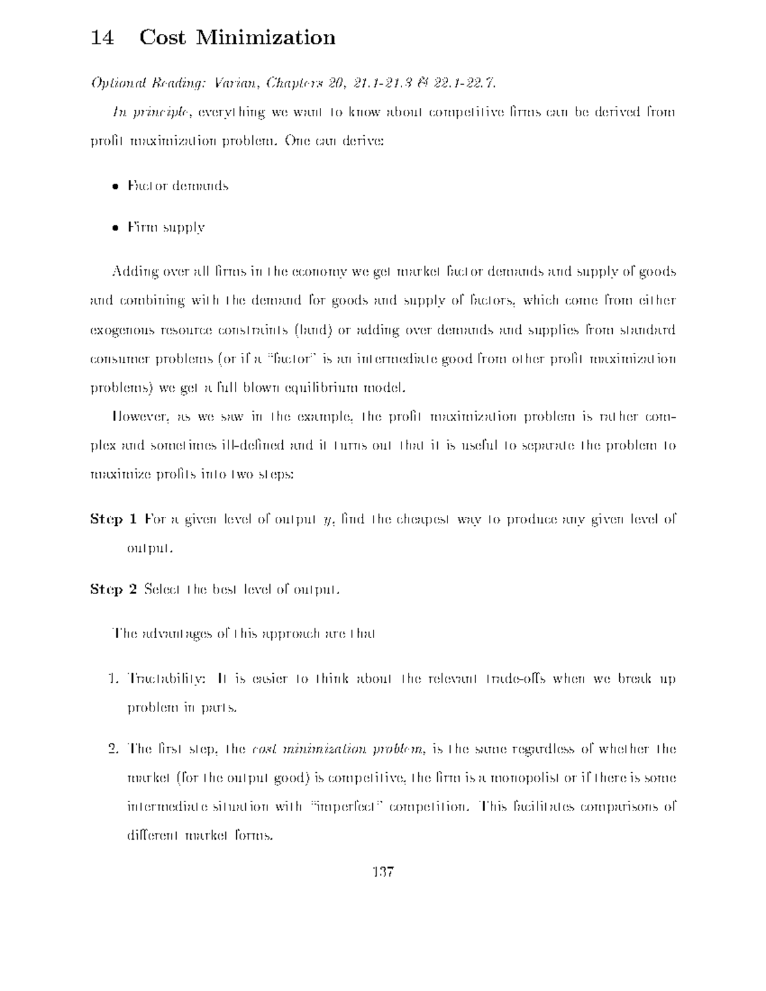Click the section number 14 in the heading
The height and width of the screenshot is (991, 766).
pos(102,38)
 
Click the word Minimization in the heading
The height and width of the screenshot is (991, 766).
pos(265,38)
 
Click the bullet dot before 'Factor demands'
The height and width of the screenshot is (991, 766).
pos(115,187)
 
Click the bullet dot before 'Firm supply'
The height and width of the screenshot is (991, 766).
pos(115,228)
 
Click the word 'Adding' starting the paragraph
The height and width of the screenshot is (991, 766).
pos(133,272)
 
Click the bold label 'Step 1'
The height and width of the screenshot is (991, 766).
pos(114,519)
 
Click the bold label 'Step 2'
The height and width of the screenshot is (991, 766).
pos(114,589)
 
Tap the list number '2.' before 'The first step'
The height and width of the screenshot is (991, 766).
pos(114,749)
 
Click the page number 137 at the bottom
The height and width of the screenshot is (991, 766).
pos(383,871)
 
